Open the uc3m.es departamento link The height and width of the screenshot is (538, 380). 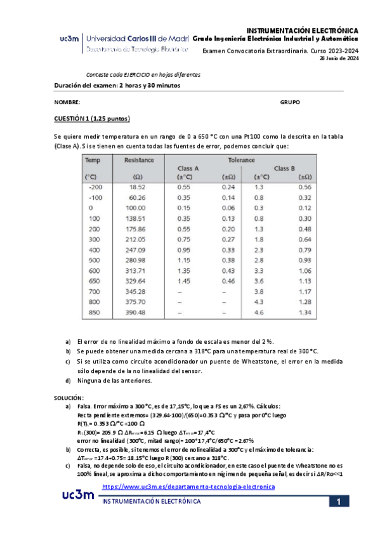click(x=188, y=487)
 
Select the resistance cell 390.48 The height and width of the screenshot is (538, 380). click(x=136, y=313)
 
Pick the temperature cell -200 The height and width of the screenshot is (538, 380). click(x=96, y=187)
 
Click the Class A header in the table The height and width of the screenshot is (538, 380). click(x=188, y=168)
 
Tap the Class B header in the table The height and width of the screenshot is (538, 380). click(x=284, y=168)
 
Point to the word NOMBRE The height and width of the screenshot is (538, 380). click(x=67, y=102)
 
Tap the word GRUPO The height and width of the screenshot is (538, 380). click(x=289, y=102)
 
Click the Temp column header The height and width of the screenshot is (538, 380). click(x=93, y=161)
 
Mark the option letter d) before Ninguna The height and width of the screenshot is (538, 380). click(x=69, y=381)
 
